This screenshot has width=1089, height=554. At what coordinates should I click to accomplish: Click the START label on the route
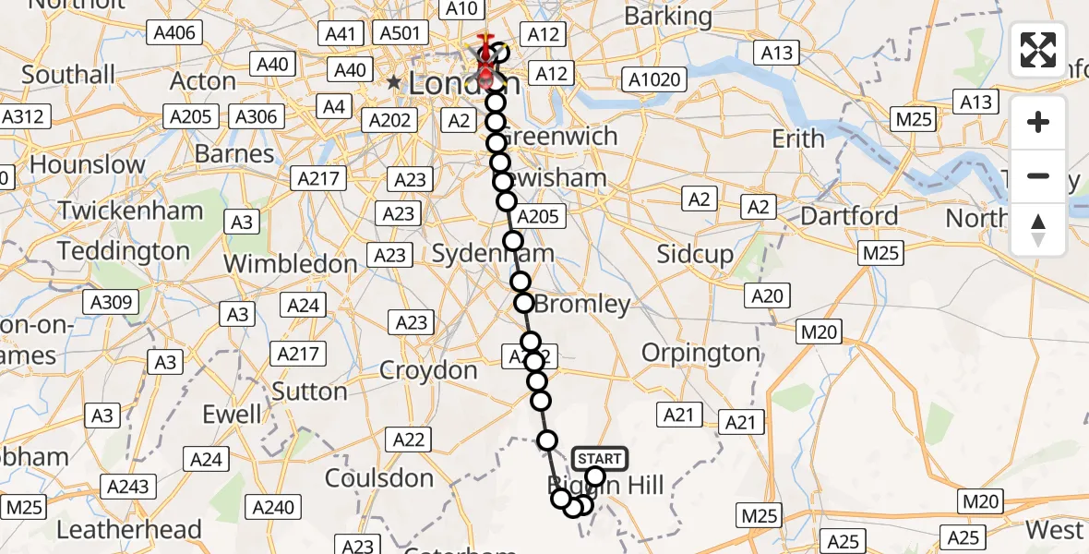point(600,458)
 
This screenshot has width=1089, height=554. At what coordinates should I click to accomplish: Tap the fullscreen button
point(1038,50)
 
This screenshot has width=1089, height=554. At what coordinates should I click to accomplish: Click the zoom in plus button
point(1038,122)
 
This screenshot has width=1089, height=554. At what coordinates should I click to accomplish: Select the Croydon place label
point(428,371)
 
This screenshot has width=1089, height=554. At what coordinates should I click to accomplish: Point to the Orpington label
point(700,353)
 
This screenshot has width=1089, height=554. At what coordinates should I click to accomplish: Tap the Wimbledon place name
point(290,264)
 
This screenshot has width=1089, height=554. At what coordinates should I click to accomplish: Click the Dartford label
point(849,216)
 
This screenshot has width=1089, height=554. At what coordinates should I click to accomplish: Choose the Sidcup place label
point(694,255)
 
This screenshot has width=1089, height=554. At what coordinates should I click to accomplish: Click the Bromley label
point(582,304)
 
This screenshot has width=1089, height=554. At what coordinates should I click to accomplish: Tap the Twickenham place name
point(130,211)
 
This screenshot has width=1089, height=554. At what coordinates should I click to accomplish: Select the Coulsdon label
point(379,478)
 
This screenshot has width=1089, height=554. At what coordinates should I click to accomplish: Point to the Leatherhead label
point(129,530)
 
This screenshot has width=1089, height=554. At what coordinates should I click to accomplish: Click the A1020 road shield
point(654,79)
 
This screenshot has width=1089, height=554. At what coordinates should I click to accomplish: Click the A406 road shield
point(174,33)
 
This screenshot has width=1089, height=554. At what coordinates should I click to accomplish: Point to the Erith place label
point(798,138)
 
